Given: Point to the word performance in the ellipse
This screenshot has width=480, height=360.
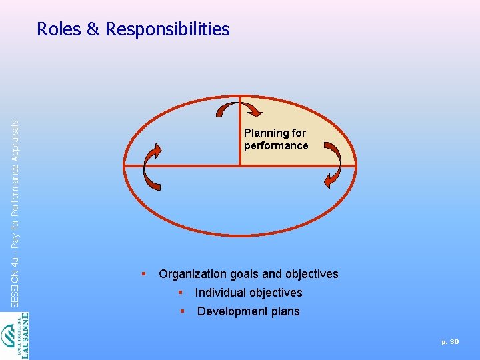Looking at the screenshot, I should [276, 145].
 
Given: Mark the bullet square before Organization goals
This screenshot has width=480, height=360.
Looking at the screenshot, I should [143, 273].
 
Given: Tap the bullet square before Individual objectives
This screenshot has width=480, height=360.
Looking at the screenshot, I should [179, 292].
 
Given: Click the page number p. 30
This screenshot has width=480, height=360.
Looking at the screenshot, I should [450, 341].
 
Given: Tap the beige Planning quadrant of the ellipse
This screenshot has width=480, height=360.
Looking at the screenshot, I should [293, 120].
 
